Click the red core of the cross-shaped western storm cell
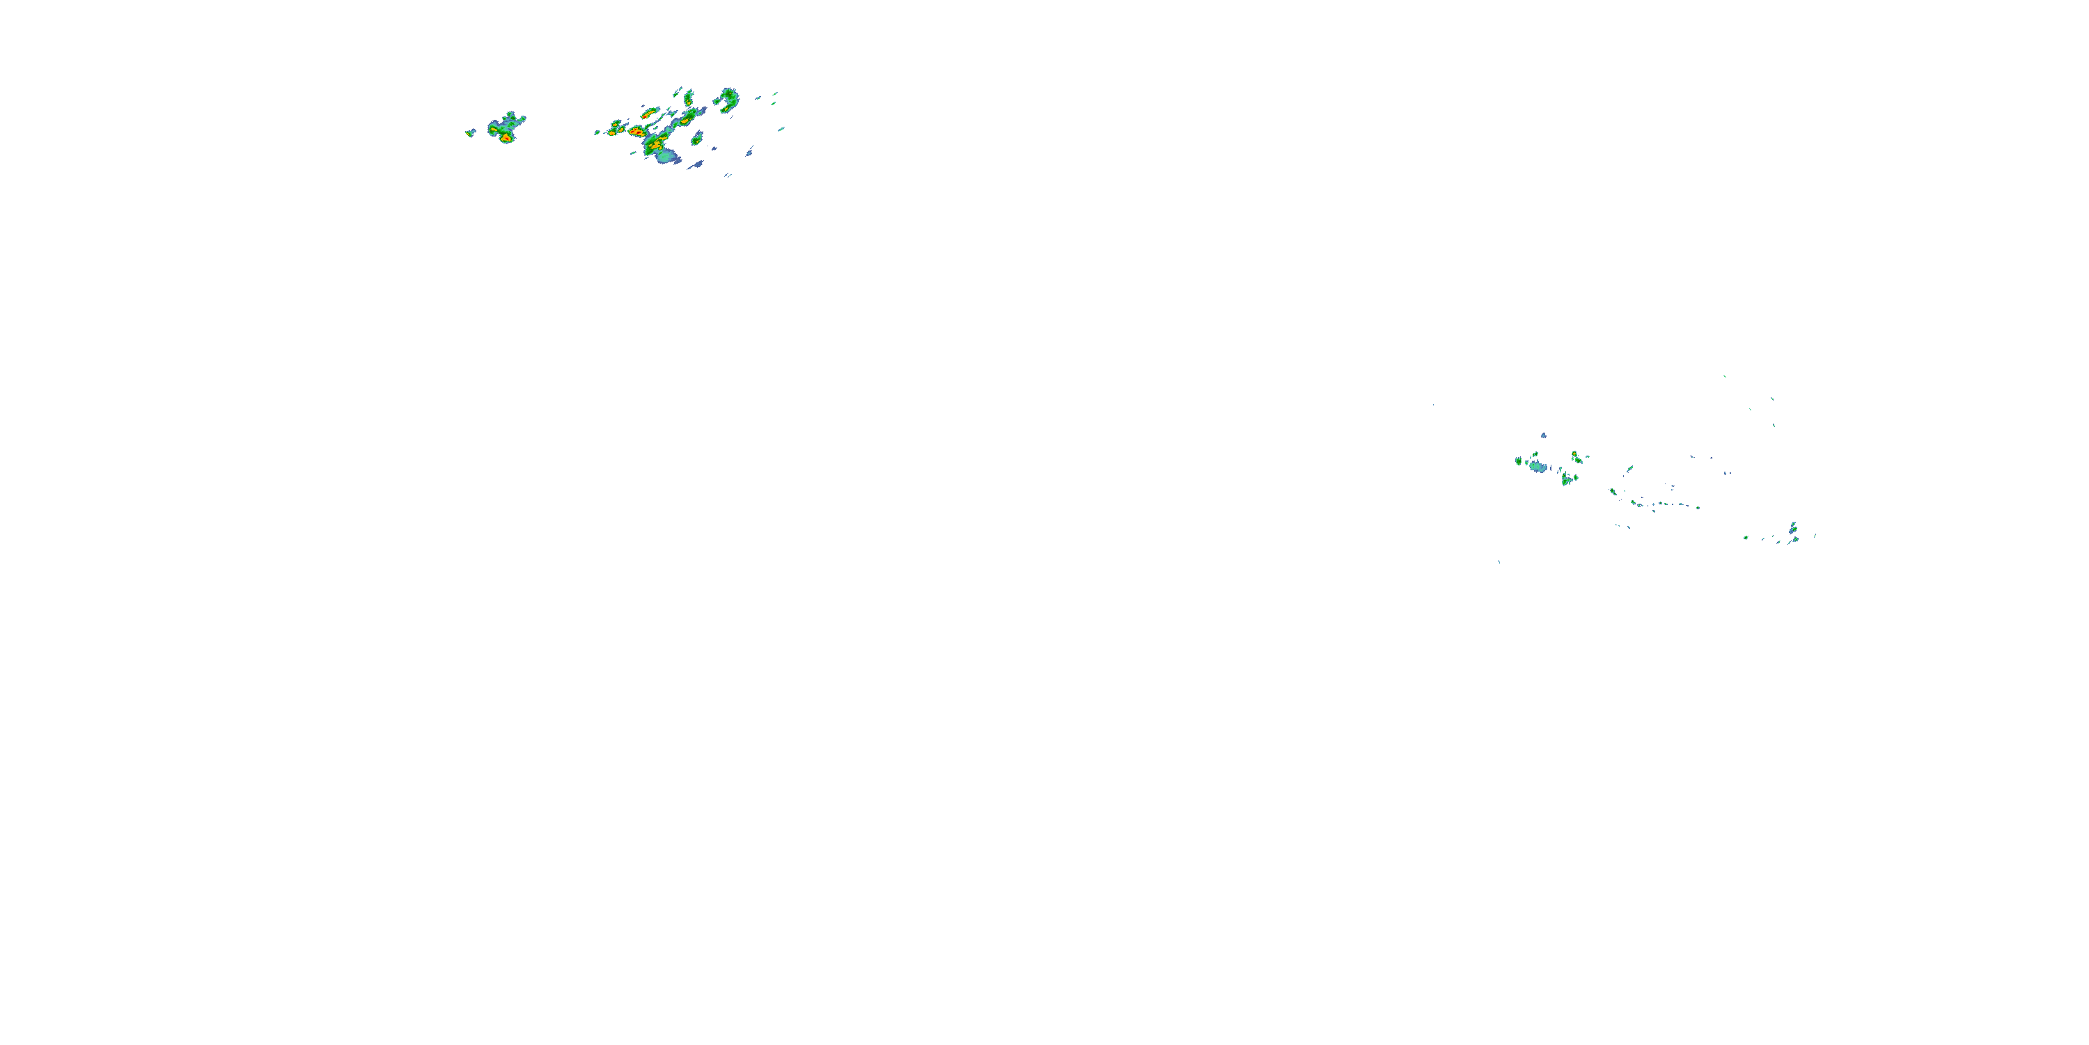coord(506,137)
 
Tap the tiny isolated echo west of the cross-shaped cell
coord(469,132)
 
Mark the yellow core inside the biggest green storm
coord(655,144)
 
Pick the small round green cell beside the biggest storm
coord(696,139)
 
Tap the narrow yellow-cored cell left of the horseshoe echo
coord(689,99)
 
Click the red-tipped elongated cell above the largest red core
coord(648,113)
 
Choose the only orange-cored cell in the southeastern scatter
coord(1576,456)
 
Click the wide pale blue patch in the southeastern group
coord(1538,467)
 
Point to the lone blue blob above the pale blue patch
coord(1543,435)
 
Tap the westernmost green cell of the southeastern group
coord(1517,460)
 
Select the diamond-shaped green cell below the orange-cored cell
coord(1567,479)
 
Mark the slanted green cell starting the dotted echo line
coord(1613,491)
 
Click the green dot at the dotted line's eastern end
coord(1698,508)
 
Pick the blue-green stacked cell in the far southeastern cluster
coord(1792,528)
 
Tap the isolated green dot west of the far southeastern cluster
coord(1746,537)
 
